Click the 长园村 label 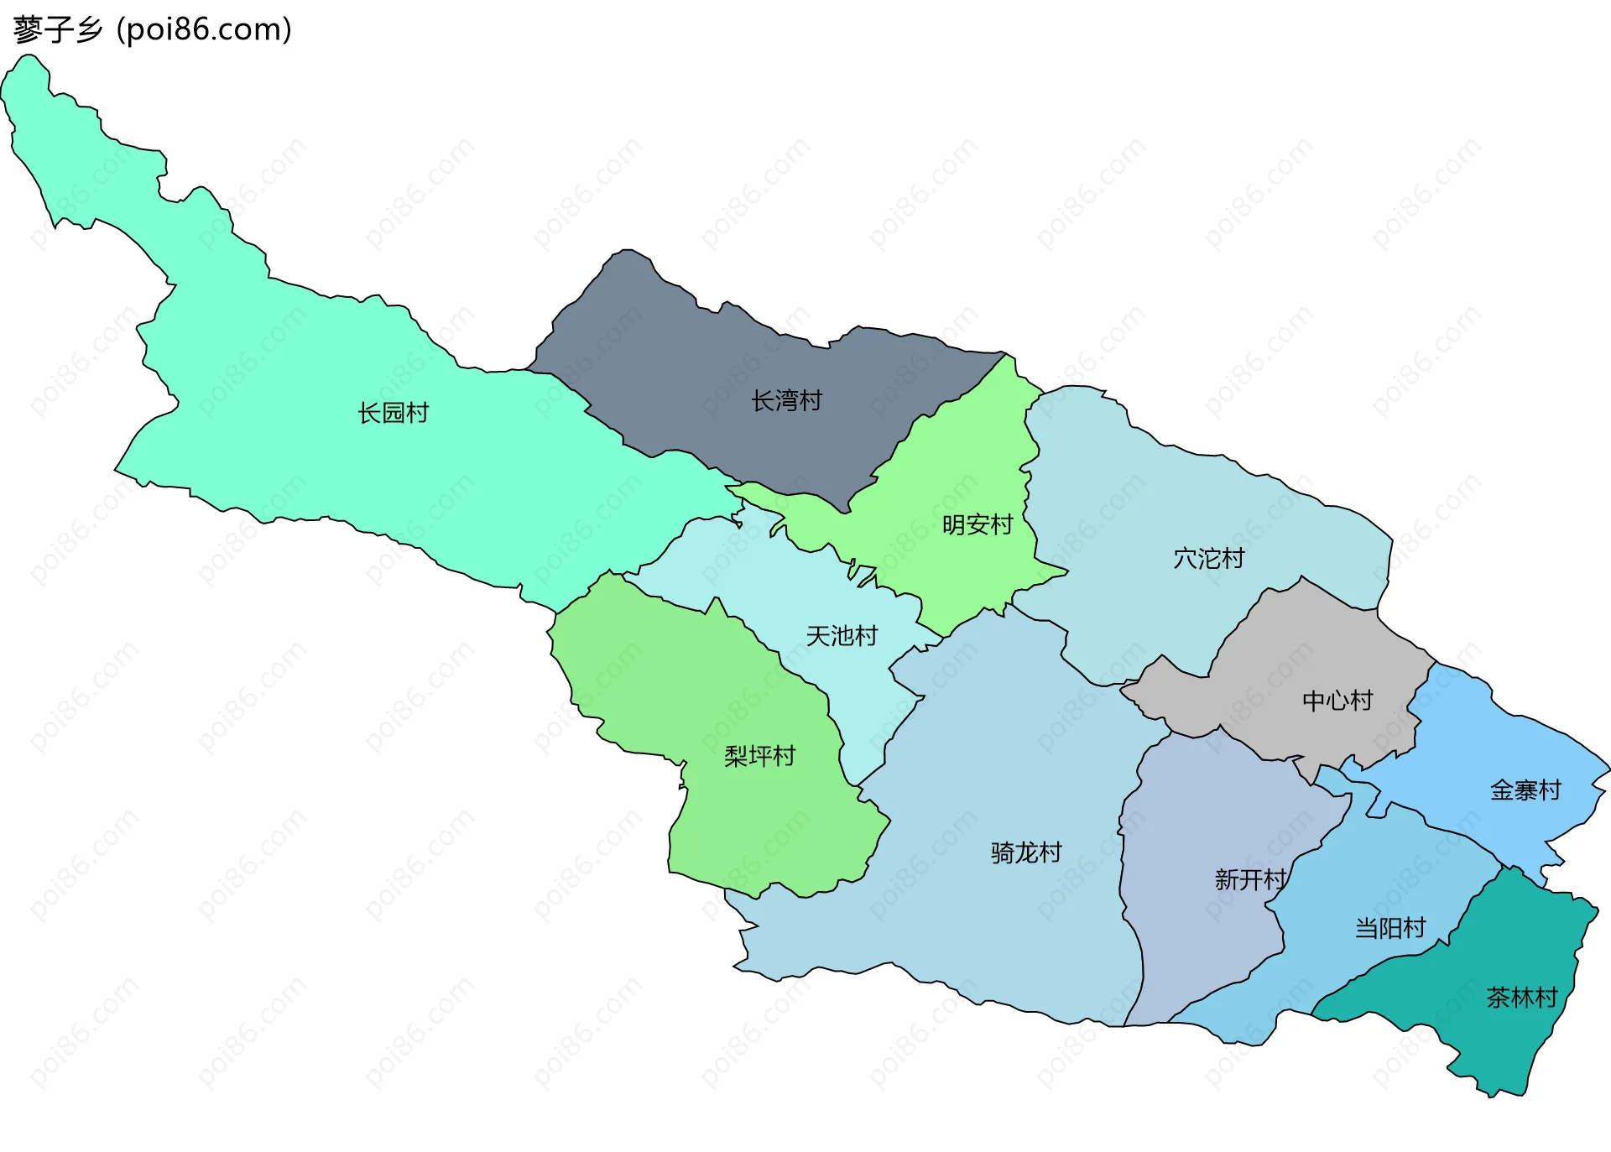point(393,413)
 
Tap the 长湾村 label point(786,401)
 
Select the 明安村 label point(978,525)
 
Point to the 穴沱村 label point(1208,559)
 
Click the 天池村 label point(842,636)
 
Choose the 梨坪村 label point(759,757)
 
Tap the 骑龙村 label point(1026,853)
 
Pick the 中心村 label point(1337,701)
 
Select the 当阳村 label point(1390,928)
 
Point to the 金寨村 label point(1525,790)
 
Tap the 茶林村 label point(1522,998)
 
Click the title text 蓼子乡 point(57,29)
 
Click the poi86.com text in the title point(205,29)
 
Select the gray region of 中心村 point(1292,646)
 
